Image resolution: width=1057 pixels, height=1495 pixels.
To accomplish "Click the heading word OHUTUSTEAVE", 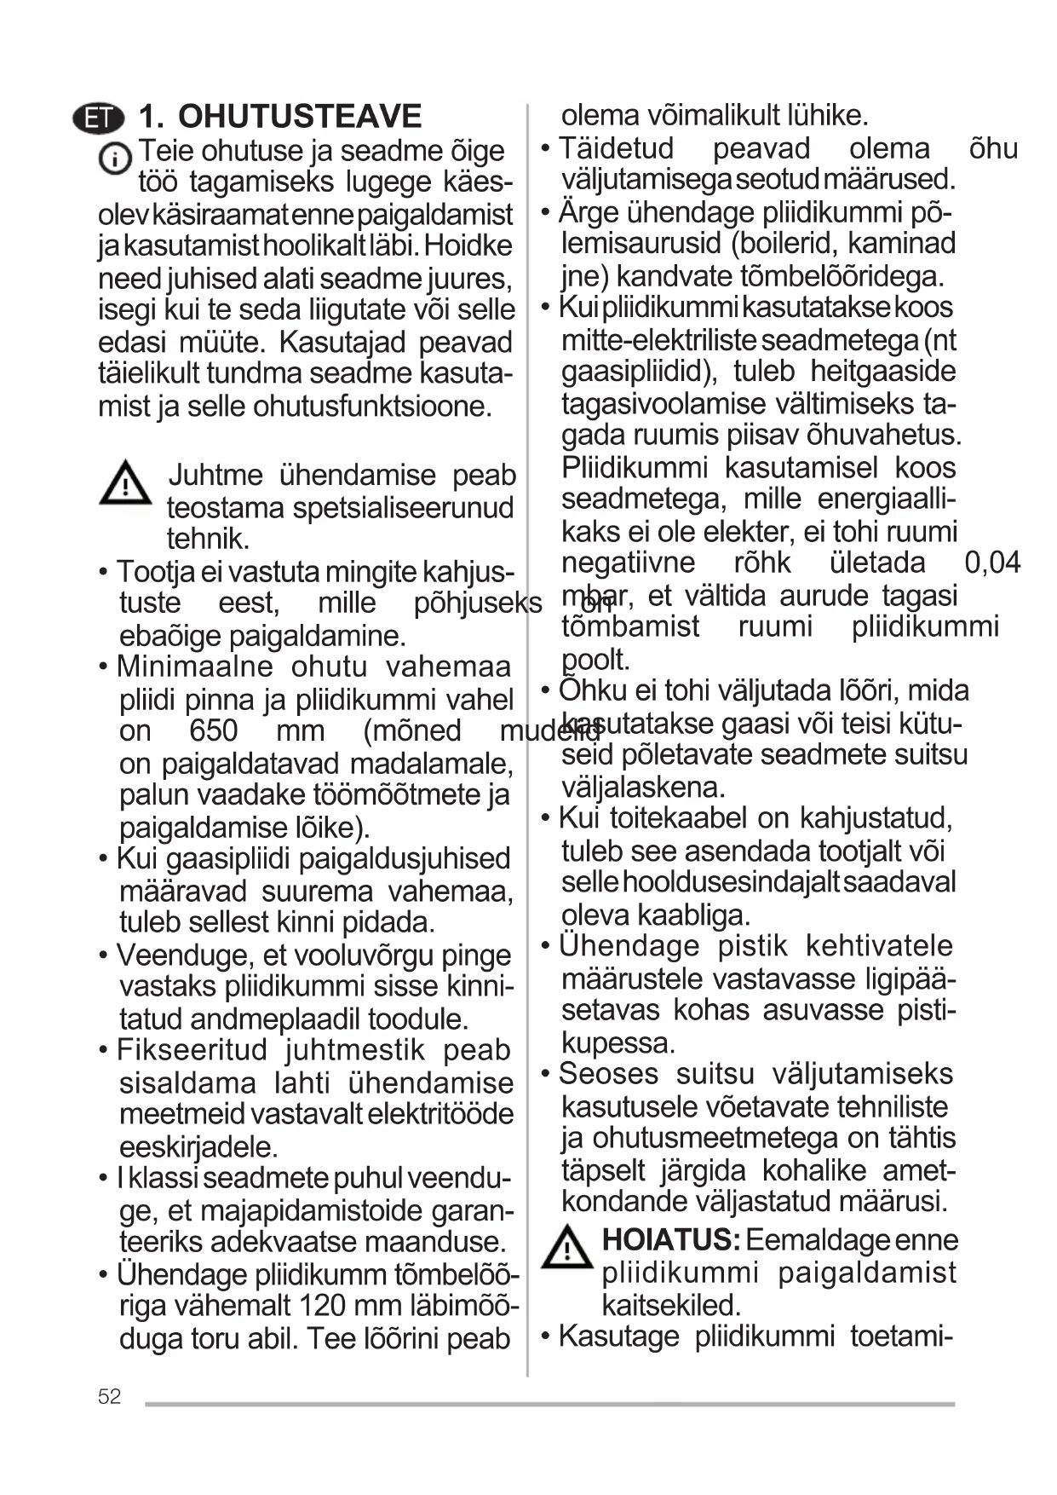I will pyautogui.click(x=299, y=116).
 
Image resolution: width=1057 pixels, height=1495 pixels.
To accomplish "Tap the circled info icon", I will pyautogui.click(x=114, y=159).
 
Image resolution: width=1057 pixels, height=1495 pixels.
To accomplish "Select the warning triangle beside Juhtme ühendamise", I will pyautogui.click(x=124, y=483).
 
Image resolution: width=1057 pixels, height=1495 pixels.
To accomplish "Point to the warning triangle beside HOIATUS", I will pyautogui.click(x=566, y=1246).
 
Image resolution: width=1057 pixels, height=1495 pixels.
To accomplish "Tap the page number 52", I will pyautogui.click(x=109, y=1396).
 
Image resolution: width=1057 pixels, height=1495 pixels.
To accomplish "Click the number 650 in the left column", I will pyautogui.click(x=213, y=731).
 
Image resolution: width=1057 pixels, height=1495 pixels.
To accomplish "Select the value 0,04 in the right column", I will pyautogui.click(x=991, y=563).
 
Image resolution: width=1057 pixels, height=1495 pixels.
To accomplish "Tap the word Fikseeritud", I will pyautogui.click(x=192, y=1050).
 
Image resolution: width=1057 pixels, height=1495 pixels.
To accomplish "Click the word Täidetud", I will pyautogui.click(x=616, y=148).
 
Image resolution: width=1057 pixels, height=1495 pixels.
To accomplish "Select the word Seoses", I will pyautogui.click(x=608, y=1074).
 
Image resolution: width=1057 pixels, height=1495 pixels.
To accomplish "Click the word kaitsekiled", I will pyautogui.click(x=671, y=1305).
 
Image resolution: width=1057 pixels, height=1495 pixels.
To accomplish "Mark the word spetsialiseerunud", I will pyautogui.click(x=403, y=508).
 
